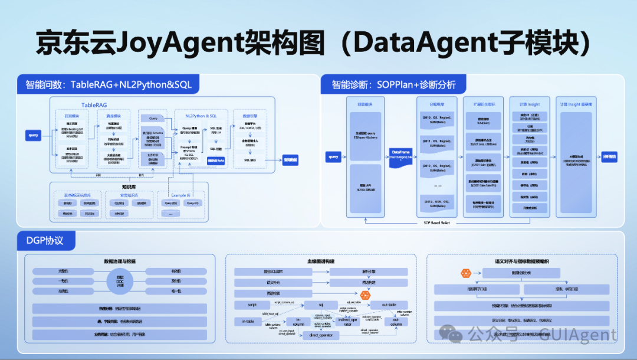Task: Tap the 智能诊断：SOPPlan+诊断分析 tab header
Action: [x=393, y=84]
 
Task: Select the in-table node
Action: [x=248, y=321]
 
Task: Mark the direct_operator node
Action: [x=321, y=336]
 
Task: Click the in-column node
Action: [x=298, y=322]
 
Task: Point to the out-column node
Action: [x=396, y=322]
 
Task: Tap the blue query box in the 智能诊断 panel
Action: [x=333, y=157]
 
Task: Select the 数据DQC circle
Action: [x=120, y=281]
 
